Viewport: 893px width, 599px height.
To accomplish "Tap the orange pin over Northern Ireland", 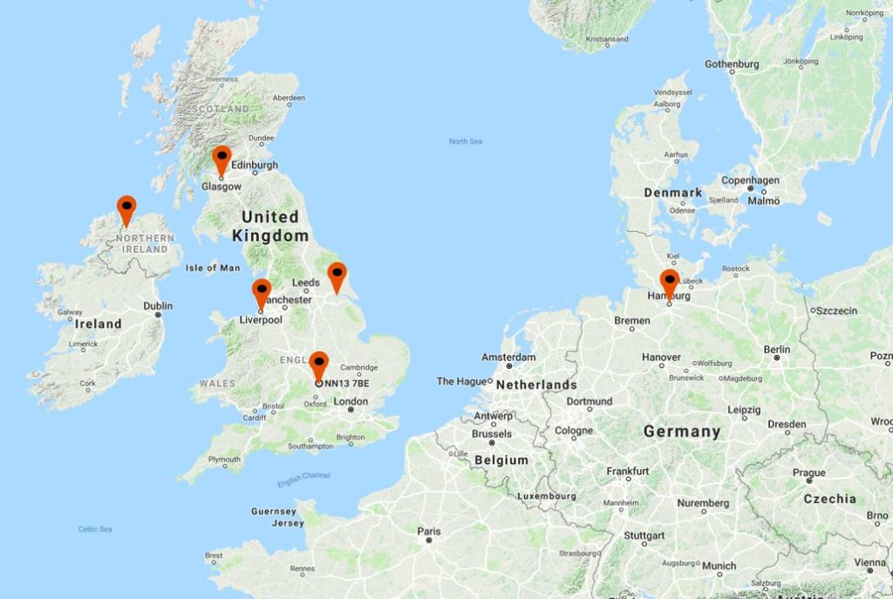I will pyautogui.click(x=126, y=208).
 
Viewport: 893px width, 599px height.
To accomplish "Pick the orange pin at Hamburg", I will pyautogui.click(x=669, y=282).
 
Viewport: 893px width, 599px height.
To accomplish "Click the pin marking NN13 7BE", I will pyautogui.click(x=319, y=364).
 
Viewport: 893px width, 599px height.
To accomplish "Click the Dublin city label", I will pyautogui.click(x=158, y=306).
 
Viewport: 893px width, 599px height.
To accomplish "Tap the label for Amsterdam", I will pyautogui.click(x=508, y=357).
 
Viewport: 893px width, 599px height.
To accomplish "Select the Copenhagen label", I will pyautogui.click(x=750, y=180).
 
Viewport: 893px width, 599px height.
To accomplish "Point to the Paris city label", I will pyautogui.click(x=429, y=531).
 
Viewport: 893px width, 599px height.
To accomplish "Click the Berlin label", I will pyautogui.click(x=776, y=349).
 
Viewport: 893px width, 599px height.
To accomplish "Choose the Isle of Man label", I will pyautogui.click(x=212, y=268).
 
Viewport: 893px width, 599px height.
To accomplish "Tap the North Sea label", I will pyautogui.click(x=466, y=141).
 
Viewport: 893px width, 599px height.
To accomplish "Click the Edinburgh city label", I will pyautogui.click(x=255, y=165).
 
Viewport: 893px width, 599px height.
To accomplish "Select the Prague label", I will pyautogui.click(x=808, y=473).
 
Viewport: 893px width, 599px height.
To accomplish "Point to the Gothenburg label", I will pyautogui.click(x=732, y=65).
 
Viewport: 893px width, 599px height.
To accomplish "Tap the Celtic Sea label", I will pyautogui.click(x=95, y=529).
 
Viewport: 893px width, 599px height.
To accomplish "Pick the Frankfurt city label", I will pyautogui.click(x=628, y=471).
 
